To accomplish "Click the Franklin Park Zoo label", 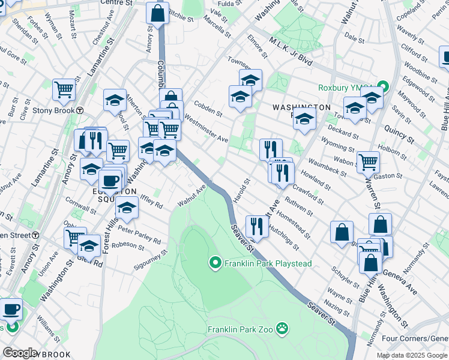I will click(x=240, y=329).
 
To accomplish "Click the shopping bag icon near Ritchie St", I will click(x=157, y=14).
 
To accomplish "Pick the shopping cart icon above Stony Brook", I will click(x=64, y=89).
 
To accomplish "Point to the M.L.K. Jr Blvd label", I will click(x=291, y=52).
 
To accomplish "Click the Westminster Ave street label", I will click(x=206, y=128).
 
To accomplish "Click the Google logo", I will click(x=20, y=353).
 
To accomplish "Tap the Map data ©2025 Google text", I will click(x=411, y=355).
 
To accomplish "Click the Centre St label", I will click(x=116, y=4).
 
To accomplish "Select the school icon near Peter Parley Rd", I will click(x=127, y=208).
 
